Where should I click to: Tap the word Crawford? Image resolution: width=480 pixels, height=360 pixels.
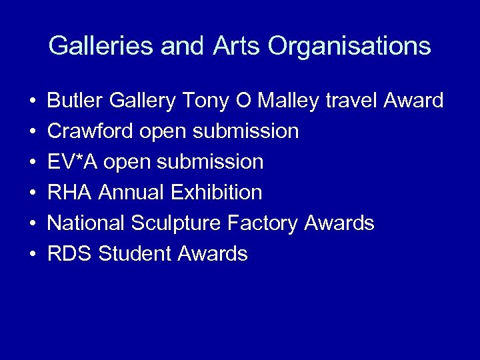(91, 131)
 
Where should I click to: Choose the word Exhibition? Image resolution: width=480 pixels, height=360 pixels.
(217, 193)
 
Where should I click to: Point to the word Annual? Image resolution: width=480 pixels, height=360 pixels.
(132, 193)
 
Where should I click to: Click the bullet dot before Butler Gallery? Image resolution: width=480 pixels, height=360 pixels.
(33, 101)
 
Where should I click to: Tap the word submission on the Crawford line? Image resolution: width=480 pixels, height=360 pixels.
(246, 131)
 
